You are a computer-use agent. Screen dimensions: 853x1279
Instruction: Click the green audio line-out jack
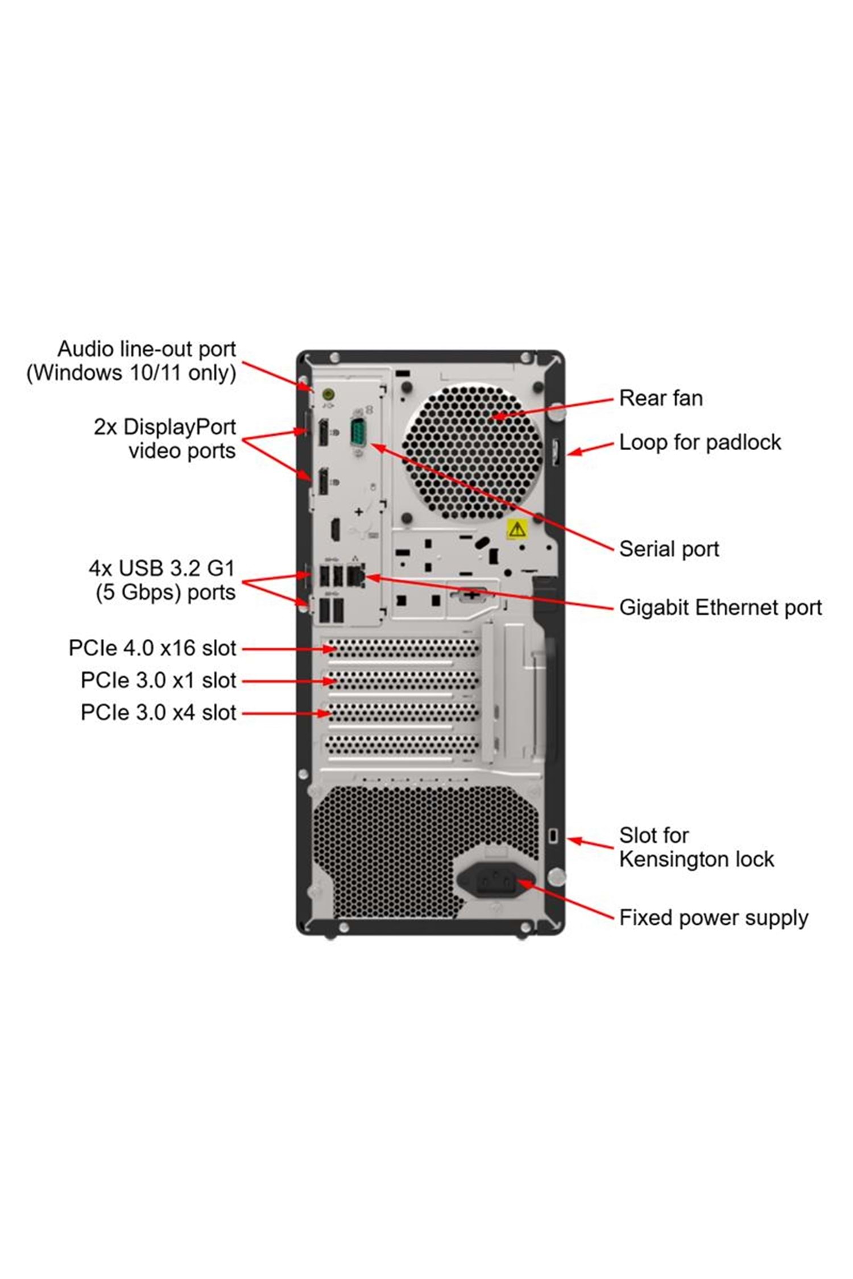pos(328,393)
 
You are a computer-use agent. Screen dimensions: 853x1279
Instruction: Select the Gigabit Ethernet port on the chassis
pos(355,576)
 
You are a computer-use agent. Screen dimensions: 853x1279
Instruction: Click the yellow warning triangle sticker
pos(517,529)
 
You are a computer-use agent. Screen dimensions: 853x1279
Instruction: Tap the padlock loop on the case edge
pos(556,452)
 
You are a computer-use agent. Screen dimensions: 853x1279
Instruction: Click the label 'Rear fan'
pos(661,398)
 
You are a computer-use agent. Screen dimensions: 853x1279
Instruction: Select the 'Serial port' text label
pos(669,549)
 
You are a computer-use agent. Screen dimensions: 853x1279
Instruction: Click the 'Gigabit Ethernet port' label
pos(721,608)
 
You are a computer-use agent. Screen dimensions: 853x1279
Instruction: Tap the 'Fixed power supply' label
pos(714,917)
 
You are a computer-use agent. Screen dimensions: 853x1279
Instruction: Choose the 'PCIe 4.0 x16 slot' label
pos(152,648)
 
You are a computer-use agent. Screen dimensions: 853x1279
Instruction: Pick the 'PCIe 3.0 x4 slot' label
pos(158,712)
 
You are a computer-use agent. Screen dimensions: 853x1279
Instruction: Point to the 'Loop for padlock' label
pos(700,442)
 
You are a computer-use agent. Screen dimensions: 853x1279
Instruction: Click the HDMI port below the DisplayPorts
pos(335,529)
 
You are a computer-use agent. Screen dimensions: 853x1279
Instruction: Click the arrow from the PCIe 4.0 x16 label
pos(287,649)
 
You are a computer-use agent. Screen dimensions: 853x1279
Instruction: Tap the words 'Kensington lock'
pos(697,859)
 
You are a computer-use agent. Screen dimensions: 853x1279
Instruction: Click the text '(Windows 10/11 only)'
pos(131,373)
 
